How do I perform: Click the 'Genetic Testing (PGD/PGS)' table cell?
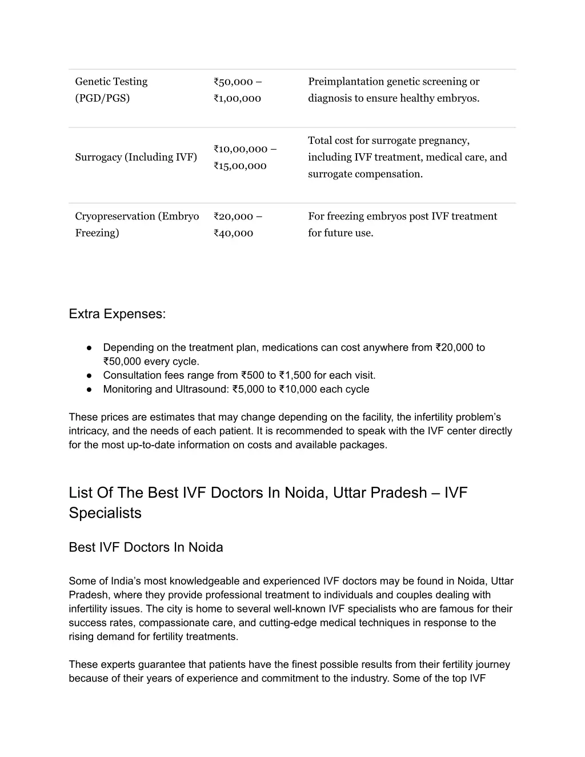pos(111,90)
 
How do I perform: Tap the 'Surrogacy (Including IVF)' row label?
pos(136,157)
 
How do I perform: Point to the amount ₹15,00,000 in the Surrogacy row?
pos(240,166)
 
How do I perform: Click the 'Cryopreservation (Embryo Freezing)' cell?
pos(137,225)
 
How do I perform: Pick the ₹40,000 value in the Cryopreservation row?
pos(233,233)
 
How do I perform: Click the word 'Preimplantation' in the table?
pos(346,82)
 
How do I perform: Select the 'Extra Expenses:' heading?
pos(117,314)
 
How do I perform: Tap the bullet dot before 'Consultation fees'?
pos(90,375)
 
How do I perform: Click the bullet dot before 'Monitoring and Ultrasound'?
pos(90,390)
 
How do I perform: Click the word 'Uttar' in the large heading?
pos(350,492)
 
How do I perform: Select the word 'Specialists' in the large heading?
pos(105,513)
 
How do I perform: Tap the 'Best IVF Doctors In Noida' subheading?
pos(146,547)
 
